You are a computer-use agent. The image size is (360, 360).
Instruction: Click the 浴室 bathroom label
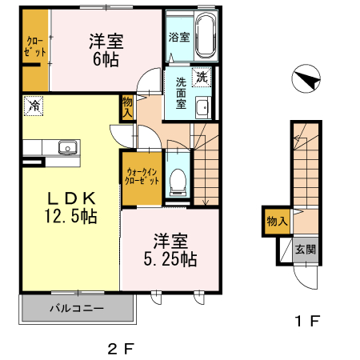(179, 37)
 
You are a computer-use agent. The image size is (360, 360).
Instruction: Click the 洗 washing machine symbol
(202, 78)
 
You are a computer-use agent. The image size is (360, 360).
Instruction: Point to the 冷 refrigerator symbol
(34, 104)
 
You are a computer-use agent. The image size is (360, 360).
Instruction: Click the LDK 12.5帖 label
(70, 207)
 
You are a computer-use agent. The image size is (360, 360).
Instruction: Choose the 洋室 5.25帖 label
(170, 250)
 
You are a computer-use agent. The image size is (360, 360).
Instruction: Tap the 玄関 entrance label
(305, 250)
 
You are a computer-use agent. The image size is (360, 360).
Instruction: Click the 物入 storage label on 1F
(276, 222)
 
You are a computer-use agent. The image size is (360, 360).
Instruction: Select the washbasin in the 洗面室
(202, 107)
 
